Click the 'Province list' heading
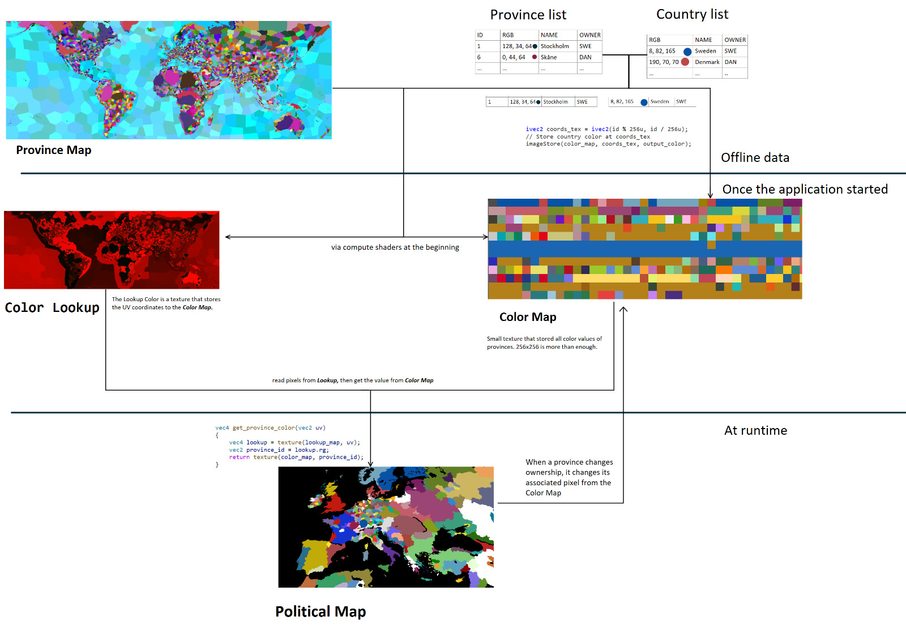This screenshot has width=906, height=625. point(528,15)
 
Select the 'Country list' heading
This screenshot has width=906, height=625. point(692,14)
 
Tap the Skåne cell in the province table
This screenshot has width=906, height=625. point(549,57)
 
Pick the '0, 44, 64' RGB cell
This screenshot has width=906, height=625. point(514,57)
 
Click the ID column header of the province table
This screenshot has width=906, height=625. point(480,35)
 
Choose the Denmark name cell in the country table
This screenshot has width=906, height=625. point(707,62)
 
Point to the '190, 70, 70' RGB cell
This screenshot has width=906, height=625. point(664,62)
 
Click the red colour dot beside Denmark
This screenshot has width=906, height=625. point(685,62)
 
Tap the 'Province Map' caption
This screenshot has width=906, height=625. point(54,150)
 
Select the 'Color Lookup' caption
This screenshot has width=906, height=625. point(52,307)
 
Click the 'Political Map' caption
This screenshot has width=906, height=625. point(320,611)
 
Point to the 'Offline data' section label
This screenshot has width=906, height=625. point(755,157)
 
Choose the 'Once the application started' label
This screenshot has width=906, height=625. point(805,189)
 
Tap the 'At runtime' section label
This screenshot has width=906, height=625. point(755,430)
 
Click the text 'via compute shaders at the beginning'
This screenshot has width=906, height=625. point(395,247)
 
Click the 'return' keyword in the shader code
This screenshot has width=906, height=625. point(239,457)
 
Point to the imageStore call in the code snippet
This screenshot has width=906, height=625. point(542,144)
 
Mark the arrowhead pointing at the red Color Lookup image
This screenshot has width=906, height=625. point(228,237)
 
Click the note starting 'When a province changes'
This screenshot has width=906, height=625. point(569,477)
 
